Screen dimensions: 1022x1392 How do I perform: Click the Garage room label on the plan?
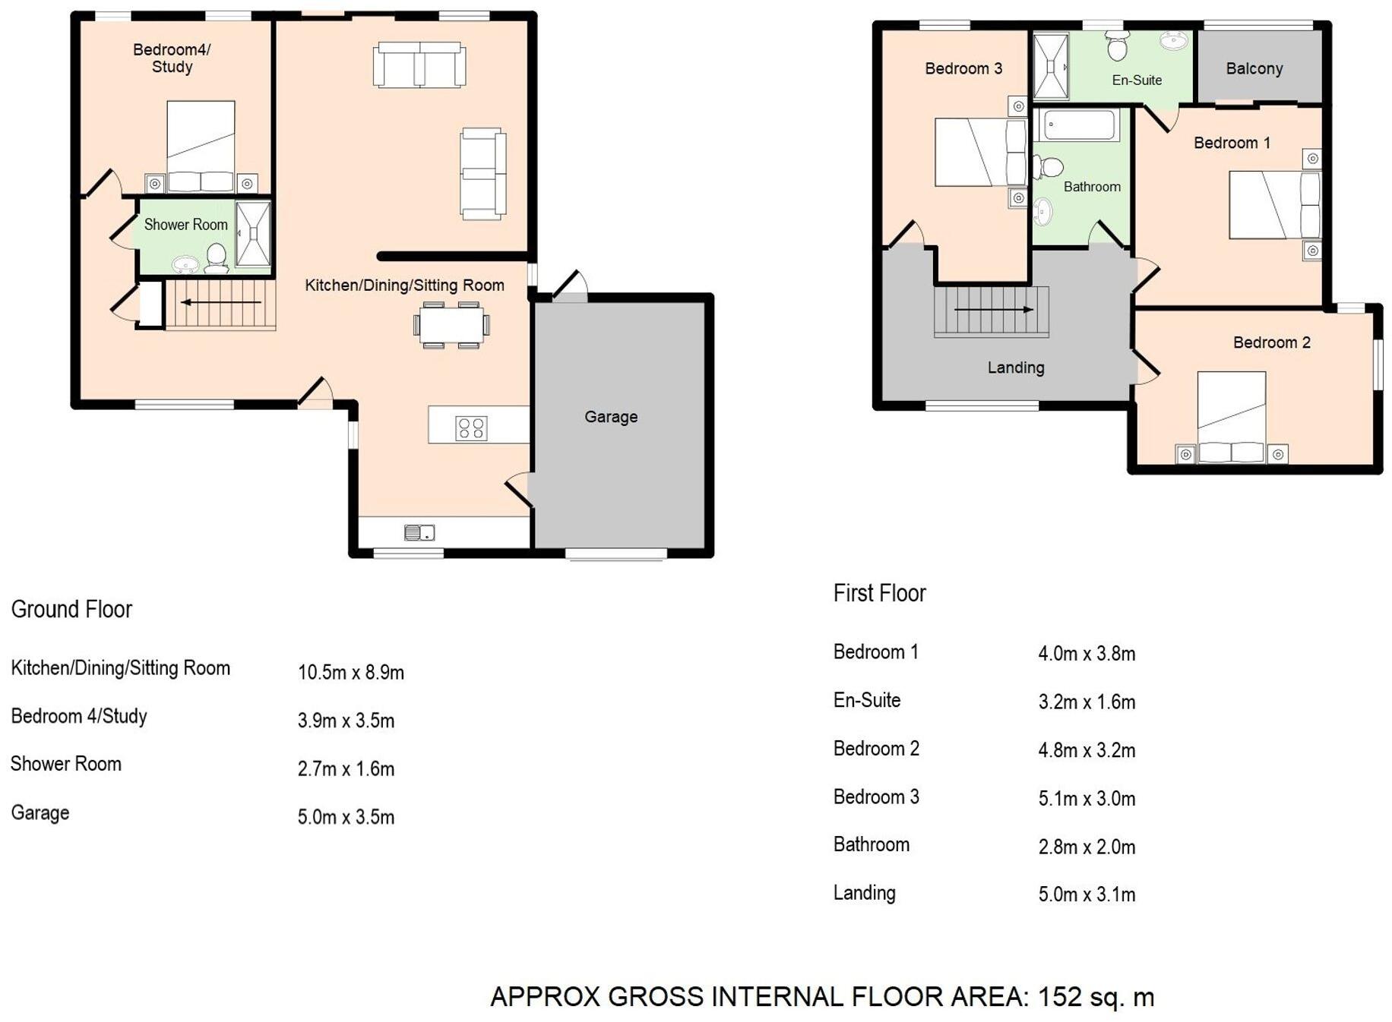[x=611, y=416]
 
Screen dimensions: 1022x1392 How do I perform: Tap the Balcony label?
[x=1254, y=68]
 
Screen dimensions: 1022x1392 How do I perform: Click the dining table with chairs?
[x=451, y=325]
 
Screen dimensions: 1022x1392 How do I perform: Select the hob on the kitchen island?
[x=470, y=428]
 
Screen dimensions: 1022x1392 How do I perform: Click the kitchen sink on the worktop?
[x=419, y=532]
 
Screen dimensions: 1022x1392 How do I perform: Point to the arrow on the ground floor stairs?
[x=220, y=302]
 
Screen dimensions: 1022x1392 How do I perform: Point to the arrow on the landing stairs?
[x=993, y=310]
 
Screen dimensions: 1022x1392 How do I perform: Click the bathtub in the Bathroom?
[x=1078, y=125]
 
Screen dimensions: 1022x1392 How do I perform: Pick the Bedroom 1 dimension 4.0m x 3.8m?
[x=1087, y=654]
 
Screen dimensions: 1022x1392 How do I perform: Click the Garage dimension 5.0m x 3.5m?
[x=346, y=818]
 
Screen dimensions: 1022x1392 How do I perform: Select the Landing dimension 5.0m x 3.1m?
[x=1087, y=894]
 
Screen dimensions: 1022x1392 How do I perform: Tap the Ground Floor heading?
[x=71, y=609]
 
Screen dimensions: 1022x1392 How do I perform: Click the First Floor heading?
[x=879, y=593]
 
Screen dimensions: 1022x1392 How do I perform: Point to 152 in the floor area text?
[x=1059, y=996]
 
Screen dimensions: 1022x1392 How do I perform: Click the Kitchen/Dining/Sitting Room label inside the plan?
[x=404, y=285]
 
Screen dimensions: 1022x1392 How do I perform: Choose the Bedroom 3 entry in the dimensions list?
[x=876, y=796]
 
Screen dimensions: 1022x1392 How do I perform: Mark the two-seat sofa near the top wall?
[x=419, y=65]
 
